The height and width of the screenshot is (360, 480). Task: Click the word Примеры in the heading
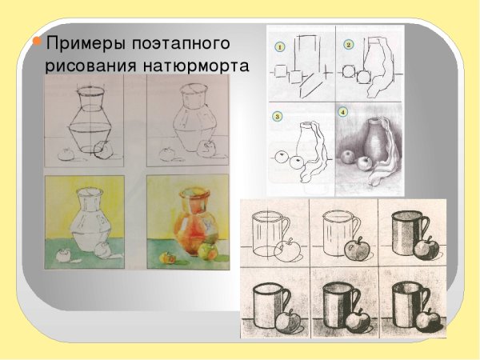coord(74,42)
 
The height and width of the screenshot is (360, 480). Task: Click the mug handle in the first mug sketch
coord(282,232)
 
